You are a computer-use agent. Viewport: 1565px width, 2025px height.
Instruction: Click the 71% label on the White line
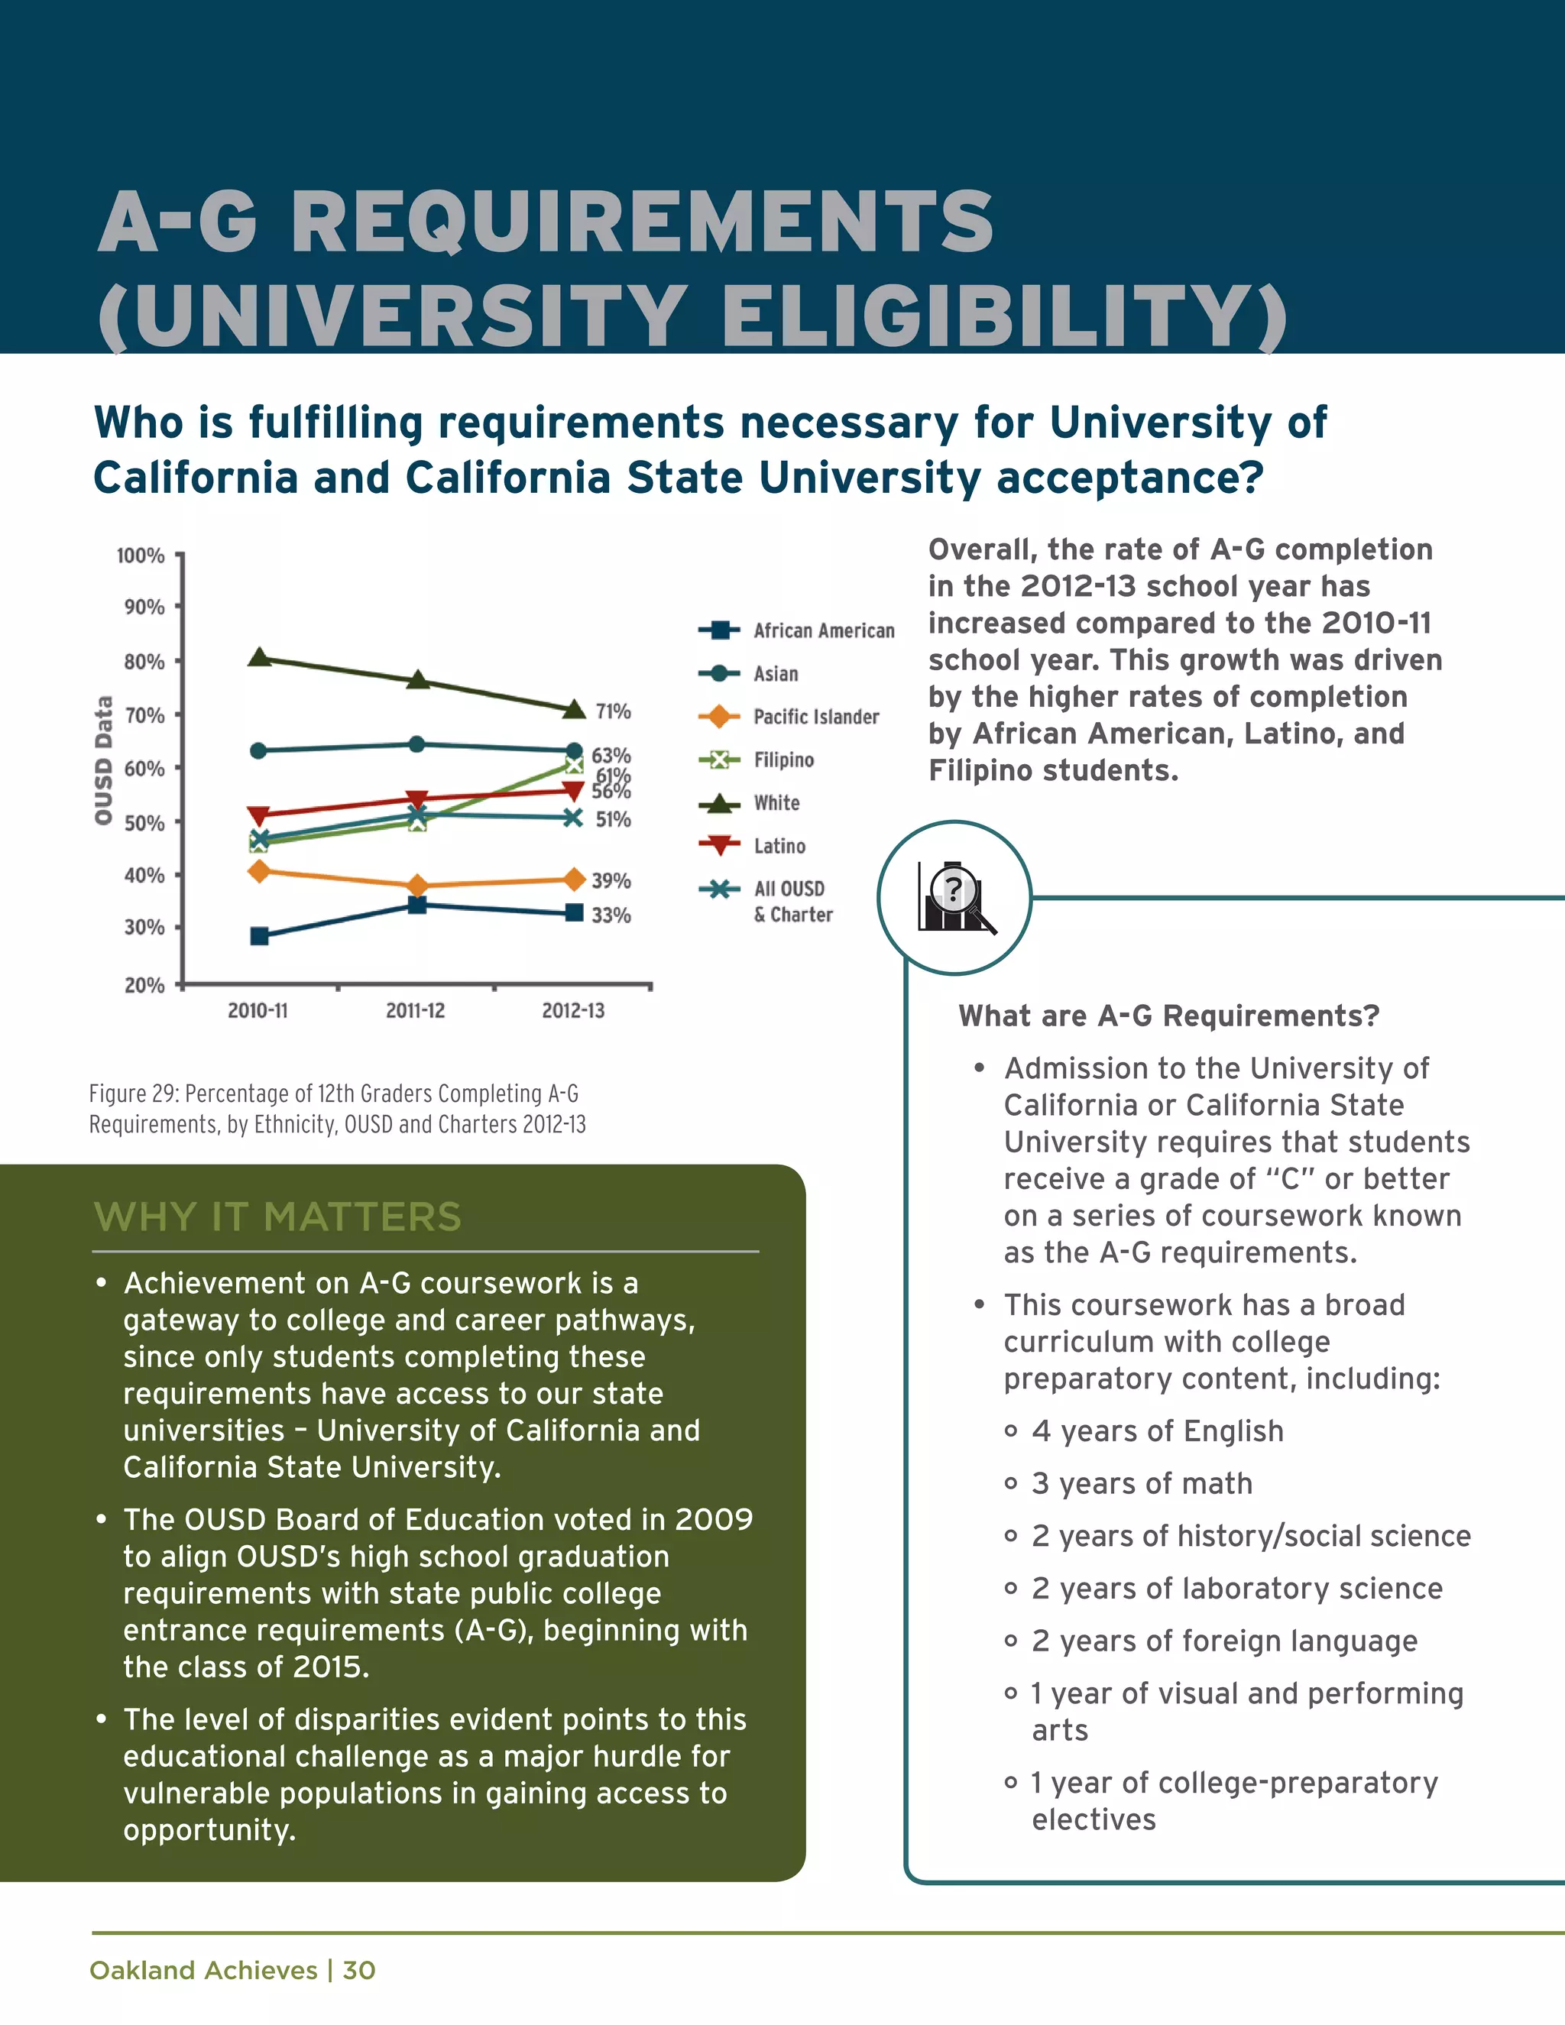(x=613, y=711)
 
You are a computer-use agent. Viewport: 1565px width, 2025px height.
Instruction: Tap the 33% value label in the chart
(x=611, y=915)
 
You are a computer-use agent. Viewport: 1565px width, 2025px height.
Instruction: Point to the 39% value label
(x=611, y=880)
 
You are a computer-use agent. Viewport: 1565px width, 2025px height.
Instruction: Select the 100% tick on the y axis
(x=141, y=556)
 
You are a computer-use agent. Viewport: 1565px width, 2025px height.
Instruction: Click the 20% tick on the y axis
(x=144, y=985)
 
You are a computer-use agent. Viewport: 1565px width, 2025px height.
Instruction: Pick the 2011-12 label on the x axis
(x=416, y=1011)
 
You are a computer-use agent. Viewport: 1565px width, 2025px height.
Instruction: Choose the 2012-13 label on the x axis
(x=573, y=1011)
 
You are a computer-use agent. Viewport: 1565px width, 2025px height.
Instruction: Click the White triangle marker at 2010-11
(x=260, y=657)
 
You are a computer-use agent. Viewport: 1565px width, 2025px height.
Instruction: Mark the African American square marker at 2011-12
(x=417, y=905)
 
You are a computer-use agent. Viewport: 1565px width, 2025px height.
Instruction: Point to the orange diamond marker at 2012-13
(x=574, y=879)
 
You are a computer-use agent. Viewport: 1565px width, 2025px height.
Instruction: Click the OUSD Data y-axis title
(x=103, y=760)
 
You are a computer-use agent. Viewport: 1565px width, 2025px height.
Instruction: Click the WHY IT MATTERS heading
(x=278, y=1217)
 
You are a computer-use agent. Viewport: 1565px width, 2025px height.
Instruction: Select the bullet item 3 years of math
(x=1142, y=1483)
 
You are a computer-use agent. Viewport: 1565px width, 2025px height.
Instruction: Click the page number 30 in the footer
(x=359, y=1970)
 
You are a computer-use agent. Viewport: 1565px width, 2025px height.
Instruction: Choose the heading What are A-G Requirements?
(x=1169, y=1016)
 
